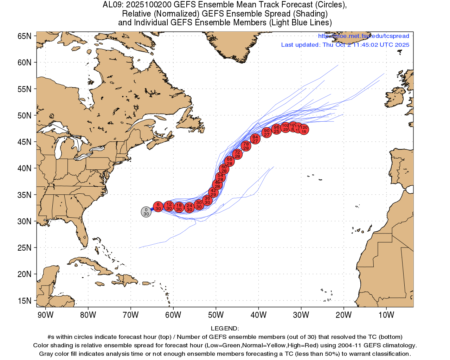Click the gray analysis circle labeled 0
point(146,212)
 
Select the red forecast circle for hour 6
point(158,206)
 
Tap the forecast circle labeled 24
point(189,207)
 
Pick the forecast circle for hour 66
point(230,161)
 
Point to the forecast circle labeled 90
point(267,133)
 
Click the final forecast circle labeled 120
point(304,129)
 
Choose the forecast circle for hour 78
point(246,146)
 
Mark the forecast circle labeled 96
point(277,129)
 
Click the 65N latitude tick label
point(24,36)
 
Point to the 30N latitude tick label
point(24,221)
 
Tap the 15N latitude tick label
point(24,301)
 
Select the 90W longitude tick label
point(45,315)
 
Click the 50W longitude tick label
point(216,315)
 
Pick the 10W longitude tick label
point(386,315)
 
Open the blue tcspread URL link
point(364,36)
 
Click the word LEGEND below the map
point(225,329)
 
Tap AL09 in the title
point(112,5)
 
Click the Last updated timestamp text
point(345,45)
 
